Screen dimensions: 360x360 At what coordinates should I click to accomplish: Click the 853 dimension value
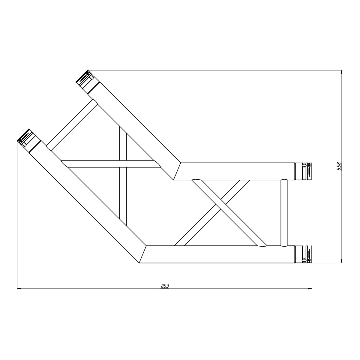165,286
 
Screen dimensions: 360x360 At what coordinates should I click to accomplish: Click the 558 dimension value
339,166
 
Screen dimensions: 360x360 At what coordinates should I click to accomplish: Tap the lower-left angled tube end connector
28,140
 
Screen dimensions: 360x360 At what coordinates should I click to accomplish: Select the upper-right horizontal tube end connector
303,171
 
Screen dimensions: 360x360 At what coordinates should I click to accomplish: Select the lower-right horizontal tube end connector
303,254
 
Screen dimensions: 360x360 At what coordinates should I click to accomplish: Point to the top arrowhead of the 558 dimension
341,72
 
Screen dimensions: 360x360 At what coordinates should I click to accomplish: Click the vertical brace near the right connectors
284,213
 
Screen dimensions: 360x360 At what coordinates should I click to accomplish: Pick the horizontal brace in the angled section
111,164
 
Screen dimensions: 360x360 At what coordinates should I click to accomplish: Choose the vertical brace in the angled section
123,192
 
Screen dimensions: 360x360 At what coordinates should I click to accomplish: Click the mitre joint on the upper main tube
177,171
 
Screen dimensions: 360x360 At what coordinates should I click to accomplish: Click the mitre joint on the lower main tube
143,254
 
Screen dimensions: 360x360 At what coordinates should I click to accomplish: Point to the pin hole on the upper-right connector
304,166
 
